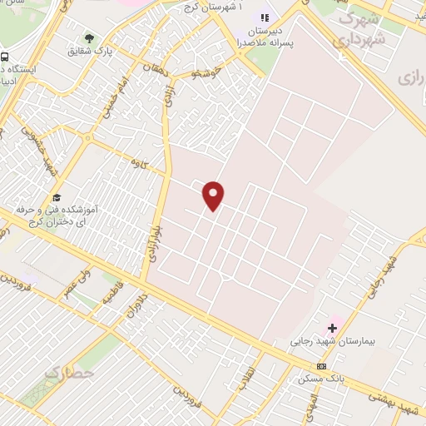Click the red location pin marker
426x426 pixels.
214,195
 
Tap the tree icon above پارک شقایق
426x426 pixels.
89,38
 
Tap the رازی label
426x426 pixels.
411,77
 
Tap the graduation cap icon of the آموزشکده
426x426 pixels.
57,197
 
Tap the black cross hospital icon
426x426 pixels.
333,329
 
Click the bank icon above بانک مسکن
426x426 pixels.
322,366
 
